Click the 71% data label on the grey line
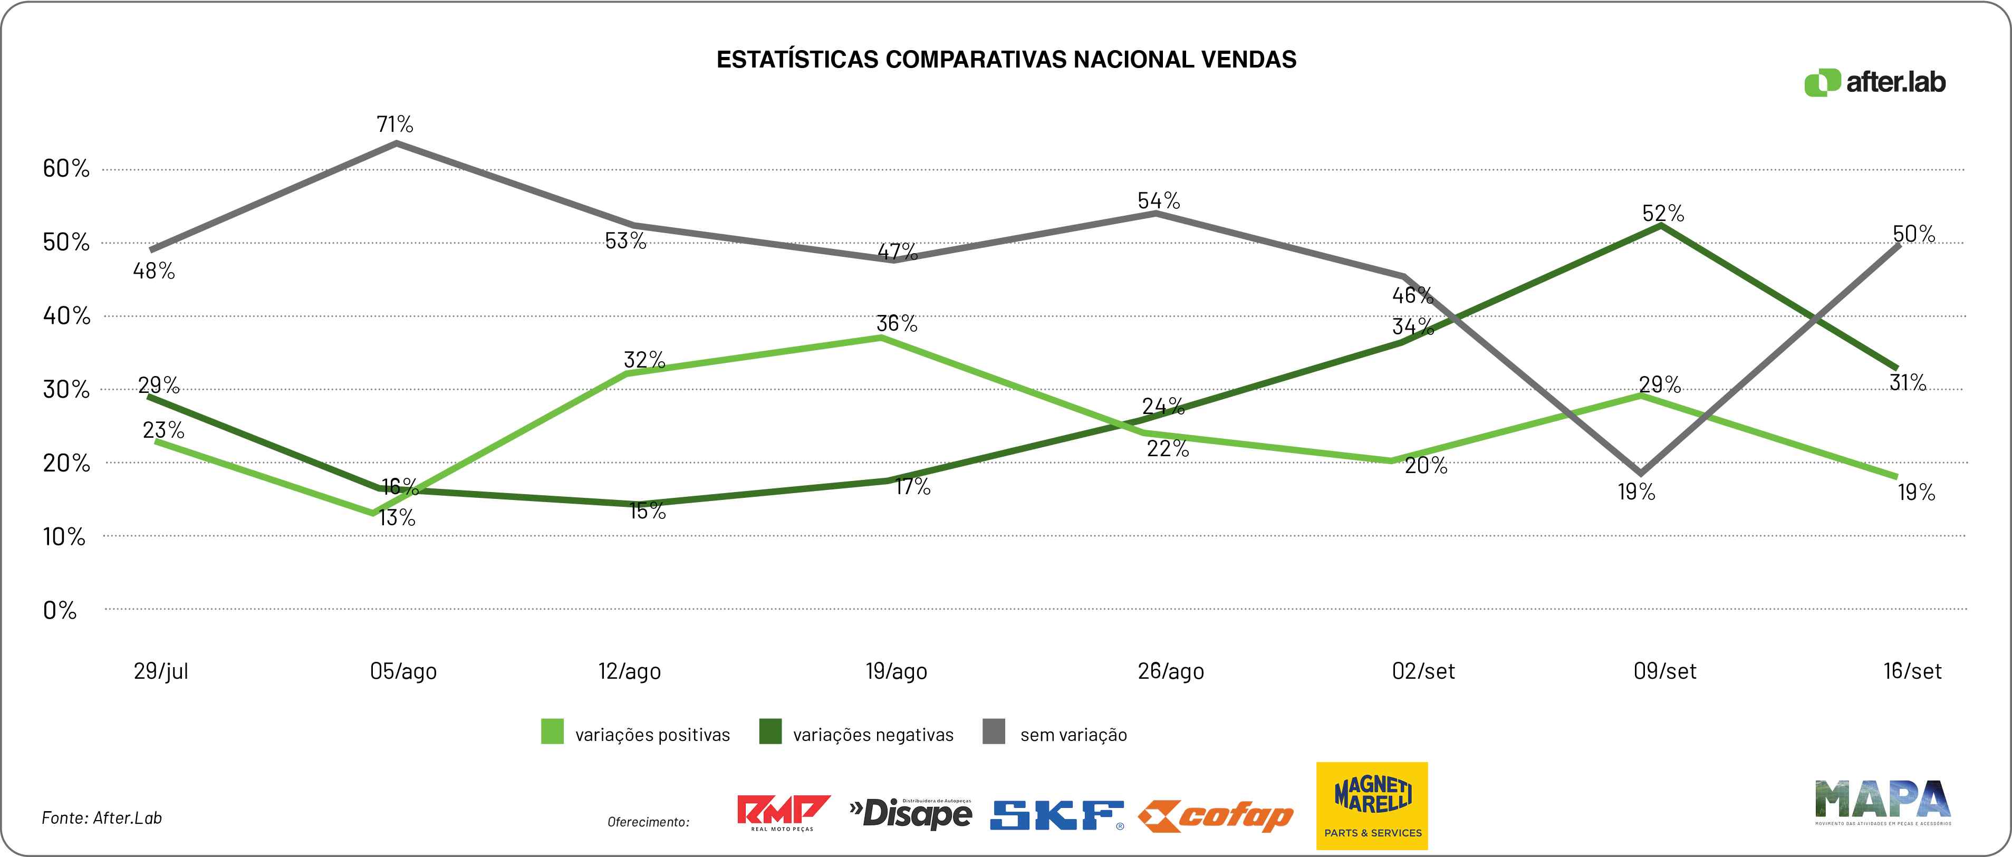pos(394,124)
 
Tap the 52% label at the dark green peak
pos(1663,213)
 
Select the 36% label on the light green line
pos(897,323)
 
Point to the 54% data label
pos(1158,201)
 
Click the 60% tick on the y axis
pos(66,168)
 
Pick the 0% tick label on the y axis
pos(60,610)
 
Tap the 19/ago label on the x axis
pos(896,671)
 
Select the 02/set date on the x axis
pos(1423,671)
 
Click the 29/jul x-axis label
pos(161,671)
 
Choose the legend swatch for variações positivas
pos(552,732)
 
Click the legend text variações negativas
pos(873,735)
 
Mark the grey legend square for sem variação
pos(994,732)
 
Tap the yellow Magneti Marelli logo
pos(1372,805)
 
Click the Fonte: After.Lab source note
pos(102,818)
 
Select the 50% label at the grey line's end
pos(1913,234)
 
